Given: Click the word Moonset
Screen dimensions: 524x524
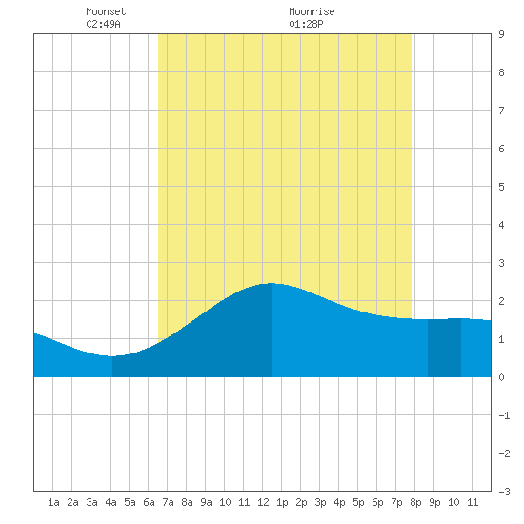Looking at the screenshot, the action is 106,11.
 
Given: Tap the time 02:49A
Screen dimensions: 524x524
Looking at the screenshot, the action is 103,24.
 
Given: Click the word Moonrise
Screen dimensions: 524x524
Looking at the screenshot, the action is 312,11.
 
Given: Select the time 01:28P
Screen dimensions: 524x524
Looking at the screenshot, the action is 306,24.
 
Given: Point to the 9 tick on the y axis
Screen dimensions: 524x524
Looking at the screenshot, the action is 501,34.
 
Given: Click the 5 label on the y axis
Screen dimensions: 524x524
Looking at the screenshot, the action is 501,187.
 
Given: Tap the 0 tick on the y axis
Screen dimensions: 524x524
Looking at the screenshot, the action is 501,377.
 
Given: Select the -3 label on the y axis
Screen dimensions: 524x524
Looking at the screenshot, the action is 505,492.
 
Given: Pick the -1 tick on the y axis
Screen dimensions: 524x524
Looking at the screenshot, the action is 505,415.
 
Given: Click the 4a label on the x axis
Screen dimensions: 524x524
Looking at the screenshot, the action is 111,502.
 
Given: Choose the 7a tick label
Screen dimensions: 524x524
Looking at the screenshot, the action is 168,502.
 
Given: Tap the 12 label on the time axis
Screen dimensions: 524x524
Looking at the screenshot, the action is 263,502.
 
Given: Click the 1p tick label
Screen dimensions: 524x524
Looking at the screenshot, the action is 282,502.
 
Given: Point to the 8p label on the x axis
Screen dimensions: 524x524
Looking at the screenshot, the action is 415,502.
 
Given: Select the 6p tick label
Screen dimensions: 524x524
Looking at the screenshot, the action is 377,502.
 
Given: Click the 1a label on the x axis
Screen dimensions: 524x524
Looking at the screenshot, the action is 53,502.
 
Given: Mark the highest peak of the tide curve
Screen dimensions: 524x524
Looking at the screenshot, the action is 272,283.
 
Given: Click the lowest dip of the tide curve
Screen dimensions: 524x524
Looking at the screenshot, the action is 112,356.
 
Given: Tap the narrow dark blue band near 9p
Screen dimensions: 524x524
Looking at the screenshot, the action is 445,348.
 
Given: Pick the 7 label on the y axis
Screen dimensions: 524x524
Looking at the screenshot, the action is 501,111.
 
